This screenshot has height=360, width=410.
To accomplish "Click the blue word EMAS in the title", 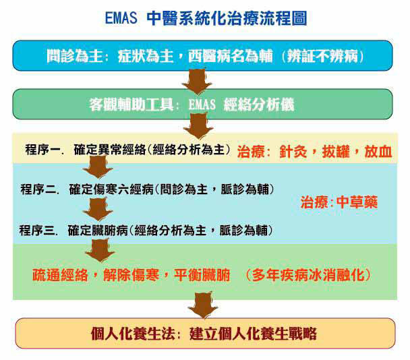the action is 121,18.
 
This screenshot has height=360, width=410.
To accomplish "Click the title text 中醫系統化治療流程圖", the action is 227,18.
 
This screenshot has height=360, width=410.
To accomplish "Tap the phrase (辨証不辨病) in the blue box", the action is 322,56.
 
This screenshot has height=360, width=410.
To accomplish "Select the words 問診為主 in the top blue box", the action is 75,56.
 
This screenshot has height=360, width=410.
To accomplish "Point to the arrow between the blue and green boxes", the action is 197,81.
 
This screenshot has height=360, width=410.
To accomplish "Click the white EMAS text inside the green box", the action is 202,104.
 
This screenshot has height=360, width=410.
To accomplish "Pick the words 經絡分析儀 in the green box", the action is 259,104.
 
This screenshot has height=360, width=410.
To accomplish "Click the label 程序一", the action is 43,150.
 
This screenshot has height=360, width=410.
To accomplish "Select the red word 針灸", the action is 293,152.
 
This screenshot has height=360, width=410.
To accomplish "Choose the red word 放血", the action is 378,152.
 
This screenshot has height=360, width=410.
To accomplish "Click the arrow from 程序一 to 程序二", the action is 98,167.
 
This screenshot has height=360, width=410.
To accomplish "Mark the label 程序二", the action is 38,189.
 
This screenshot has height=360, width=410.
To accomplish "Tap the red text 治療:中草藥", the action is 339,202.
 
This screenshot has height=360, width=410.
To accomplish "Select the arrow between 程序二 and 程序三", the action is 98,209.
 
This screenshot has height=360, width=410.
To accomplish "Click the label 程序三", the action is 37,231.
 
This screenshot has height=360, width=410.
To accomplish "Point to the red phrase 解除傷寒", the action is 131,275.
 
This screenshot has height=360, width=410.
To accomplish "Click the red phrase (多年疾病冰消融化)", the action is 307,275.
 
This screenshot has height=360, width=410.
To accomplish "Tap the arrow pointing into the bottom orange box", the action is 203,305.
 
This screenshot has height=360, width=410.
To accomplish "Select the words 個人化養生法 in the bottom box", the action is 133,334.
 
